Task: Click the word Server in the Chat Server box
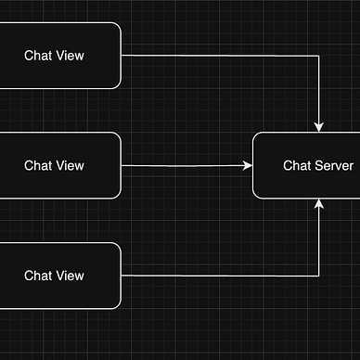(x=333, y=165)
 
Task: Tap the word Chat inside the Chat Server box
(x=297, y=165)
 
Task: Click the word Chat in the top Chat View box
(x=38, y=56)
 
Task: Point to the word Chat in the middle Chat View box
(x=38, y=165)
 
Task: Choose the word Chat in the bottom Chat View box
(x=38, y=276)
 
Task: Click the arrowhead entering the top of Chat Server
(x=320, y=127)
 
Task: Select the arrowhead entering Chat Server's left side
(x=248, y=166)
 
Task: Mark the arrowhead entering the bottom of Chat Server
(x=320, y=203)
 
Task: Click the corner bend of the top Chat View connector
(x=320, y=56)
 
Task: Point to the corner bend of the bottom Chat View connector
(x=320, y=276)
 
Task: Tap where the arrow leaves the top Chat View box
(x=122, y=56)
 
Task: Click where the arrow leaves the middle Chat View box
(x=122, y=166)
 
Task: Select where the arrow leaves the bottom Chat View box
(x=122, y=276)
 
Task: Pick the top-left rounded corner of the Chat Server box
(x=257, y=136)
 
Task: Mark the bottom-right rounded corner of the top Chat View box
(x=117, y=84)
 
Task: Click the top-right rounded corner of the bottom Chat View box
(x=117, y=247)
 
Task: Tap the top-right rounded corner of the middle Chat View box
(x=117, y=136)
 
